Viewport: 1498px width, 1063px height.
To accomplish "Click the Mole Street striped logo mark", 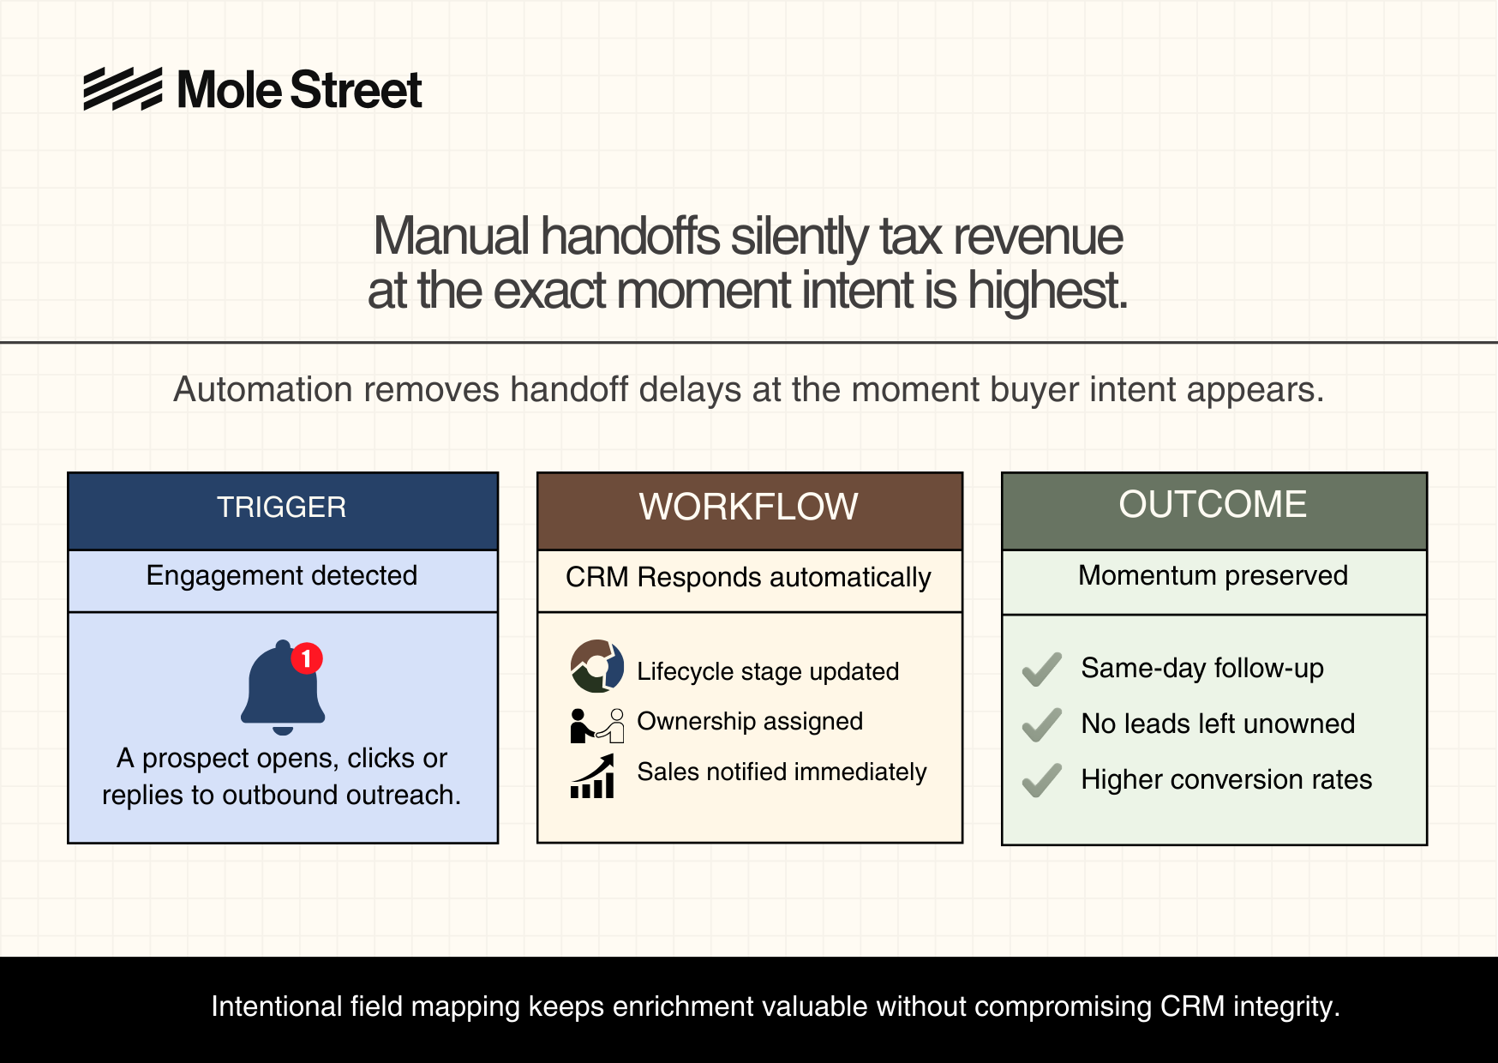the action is (x=123, y=88).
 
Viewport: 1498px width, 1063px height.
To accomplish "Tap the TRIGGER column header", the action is (x=282, y=507).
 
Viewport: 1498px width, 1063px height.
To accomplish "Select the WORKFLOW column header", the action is (x=748, y=507).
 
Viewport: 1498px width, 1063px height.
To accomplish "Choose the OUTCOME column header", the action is (x=1213, y=504).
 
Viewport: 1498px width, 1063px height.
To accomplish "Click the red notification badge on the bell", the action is (x=307, y=658).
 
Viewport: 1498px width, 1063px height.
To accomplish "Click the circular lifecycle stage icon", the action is (x=597, y=666).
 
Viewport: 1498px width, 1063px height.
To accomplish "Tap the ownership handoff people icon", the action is (x=597, y=725).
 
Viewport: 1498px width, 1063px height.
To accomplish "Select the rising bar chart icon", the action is (x=593, y=776).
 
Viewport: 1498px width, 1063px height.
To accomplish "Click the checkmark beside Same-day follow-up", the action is (x=1042, y=670).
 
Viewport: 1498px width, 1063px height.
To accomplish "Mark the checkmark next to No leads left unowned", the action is (x=1042, y=725).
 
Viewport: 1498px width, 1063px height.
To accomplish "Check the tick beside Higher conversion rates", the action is (x=1042, y=781).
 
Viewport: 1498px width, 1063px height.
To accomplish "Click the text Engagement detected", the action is (x=282, y=576).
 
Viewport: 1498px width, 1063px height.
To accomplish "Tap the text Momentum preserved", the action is (x=1213, y=575).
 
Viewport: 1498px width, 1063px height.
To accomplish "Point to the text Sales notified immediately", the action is (x=782, y=772).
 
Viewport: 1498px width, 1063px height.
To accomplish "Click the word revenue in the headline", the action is (x=1038, y=237).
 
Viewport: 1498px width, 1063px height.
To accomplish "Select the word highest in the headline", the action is (x=1047, y=291).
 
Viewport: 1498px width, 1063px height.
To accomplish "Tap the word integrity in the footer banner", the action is (x=1286, y=1007).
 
